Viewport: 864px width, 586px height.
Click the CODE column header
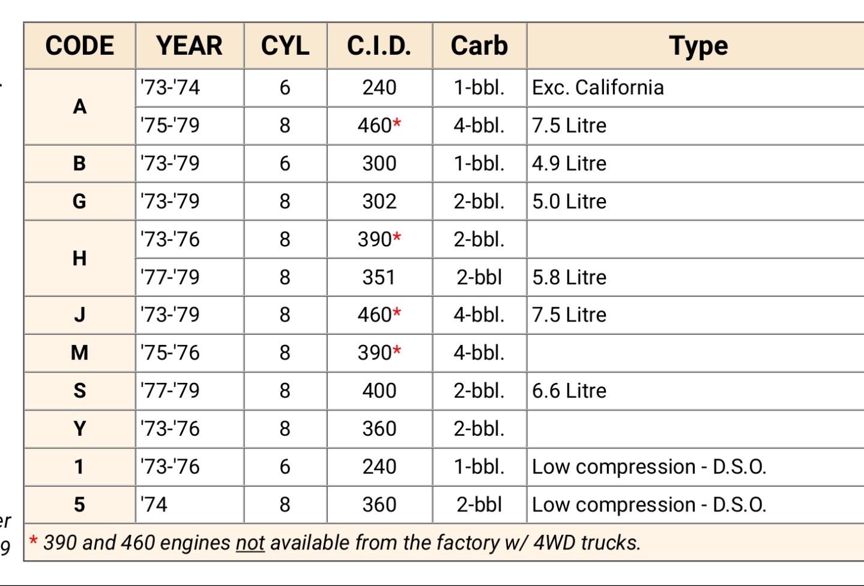point(79,46)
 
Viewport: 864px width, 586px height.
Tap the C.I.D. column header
point(379,46)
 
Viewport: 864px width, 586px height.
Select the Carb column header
point(479,46)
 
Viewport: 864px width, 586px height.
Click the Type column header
point(698,46)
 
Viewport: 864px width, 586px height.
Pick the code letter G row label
point(79,201)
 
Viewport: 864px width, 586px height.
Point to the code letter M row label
point(79,353)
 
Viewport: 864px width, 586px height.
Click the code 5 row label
point(79,504)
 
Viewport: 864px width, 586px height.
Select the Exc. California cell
point(597,88)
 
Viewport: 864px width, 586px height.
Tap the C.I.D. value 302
point(379,201)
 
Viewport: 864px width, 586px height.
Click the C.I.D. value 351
point(379,277)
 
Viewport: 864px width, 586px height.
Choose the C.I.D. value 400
point(379,391)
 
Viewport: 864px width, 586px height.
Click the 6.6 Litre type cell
point(569,391)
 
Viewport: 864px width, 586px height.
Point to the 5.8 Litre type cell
point(569,277)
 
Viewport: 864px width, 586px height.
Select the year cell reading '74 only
point(154,504)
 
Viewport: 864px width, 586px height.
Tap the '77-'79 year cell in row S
point(170,391)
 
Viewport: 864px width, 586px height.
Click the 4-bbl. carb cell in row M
point(479,353)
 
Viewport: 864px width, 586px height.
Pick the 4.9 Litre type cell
point(569,163)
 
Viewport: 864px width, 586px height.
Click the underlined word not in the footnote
point(250,543)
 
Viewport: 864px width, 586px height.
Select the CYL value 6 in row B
point(285,163)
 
